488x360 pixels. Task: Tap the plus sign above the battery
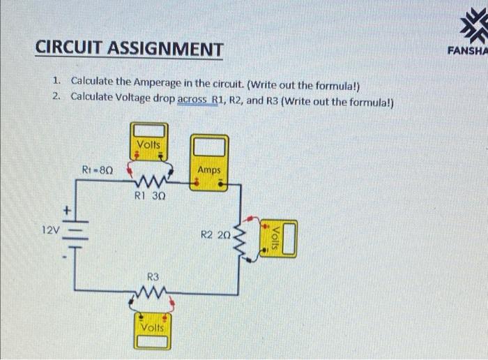68,209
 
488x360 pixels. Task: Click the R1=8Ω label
98,170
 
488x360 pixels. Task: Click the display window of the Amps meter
210,148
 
